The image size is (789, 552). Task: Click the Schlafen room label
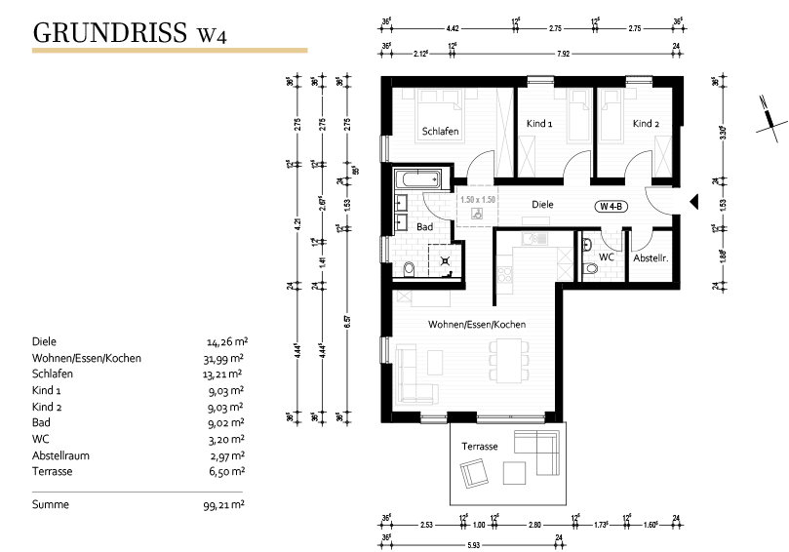441,131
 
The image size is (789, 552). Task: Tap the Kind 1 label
539,124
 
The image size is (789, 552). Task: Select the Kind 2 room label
646,124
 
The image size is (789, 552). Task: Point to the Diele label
542,205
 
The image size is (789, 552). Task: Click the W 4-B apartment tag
612,206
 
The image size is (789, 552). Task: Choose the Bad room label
424,226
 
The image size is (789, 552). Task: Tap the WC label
607,257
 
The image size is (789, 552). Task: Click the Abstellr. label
651,258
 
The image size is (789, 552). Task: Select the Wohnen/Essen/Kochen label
477,324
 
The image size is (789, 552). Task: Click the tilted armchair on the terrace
475,473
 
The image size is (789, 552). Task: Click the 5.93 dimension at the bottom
473,544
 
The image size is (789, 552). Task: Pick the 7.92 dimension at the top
563,53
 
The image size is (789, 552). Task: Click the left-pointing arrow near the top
328,96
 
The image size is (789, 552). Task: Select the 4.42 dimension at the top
453,29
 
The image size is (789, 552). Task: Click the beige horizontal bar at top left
170,50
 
